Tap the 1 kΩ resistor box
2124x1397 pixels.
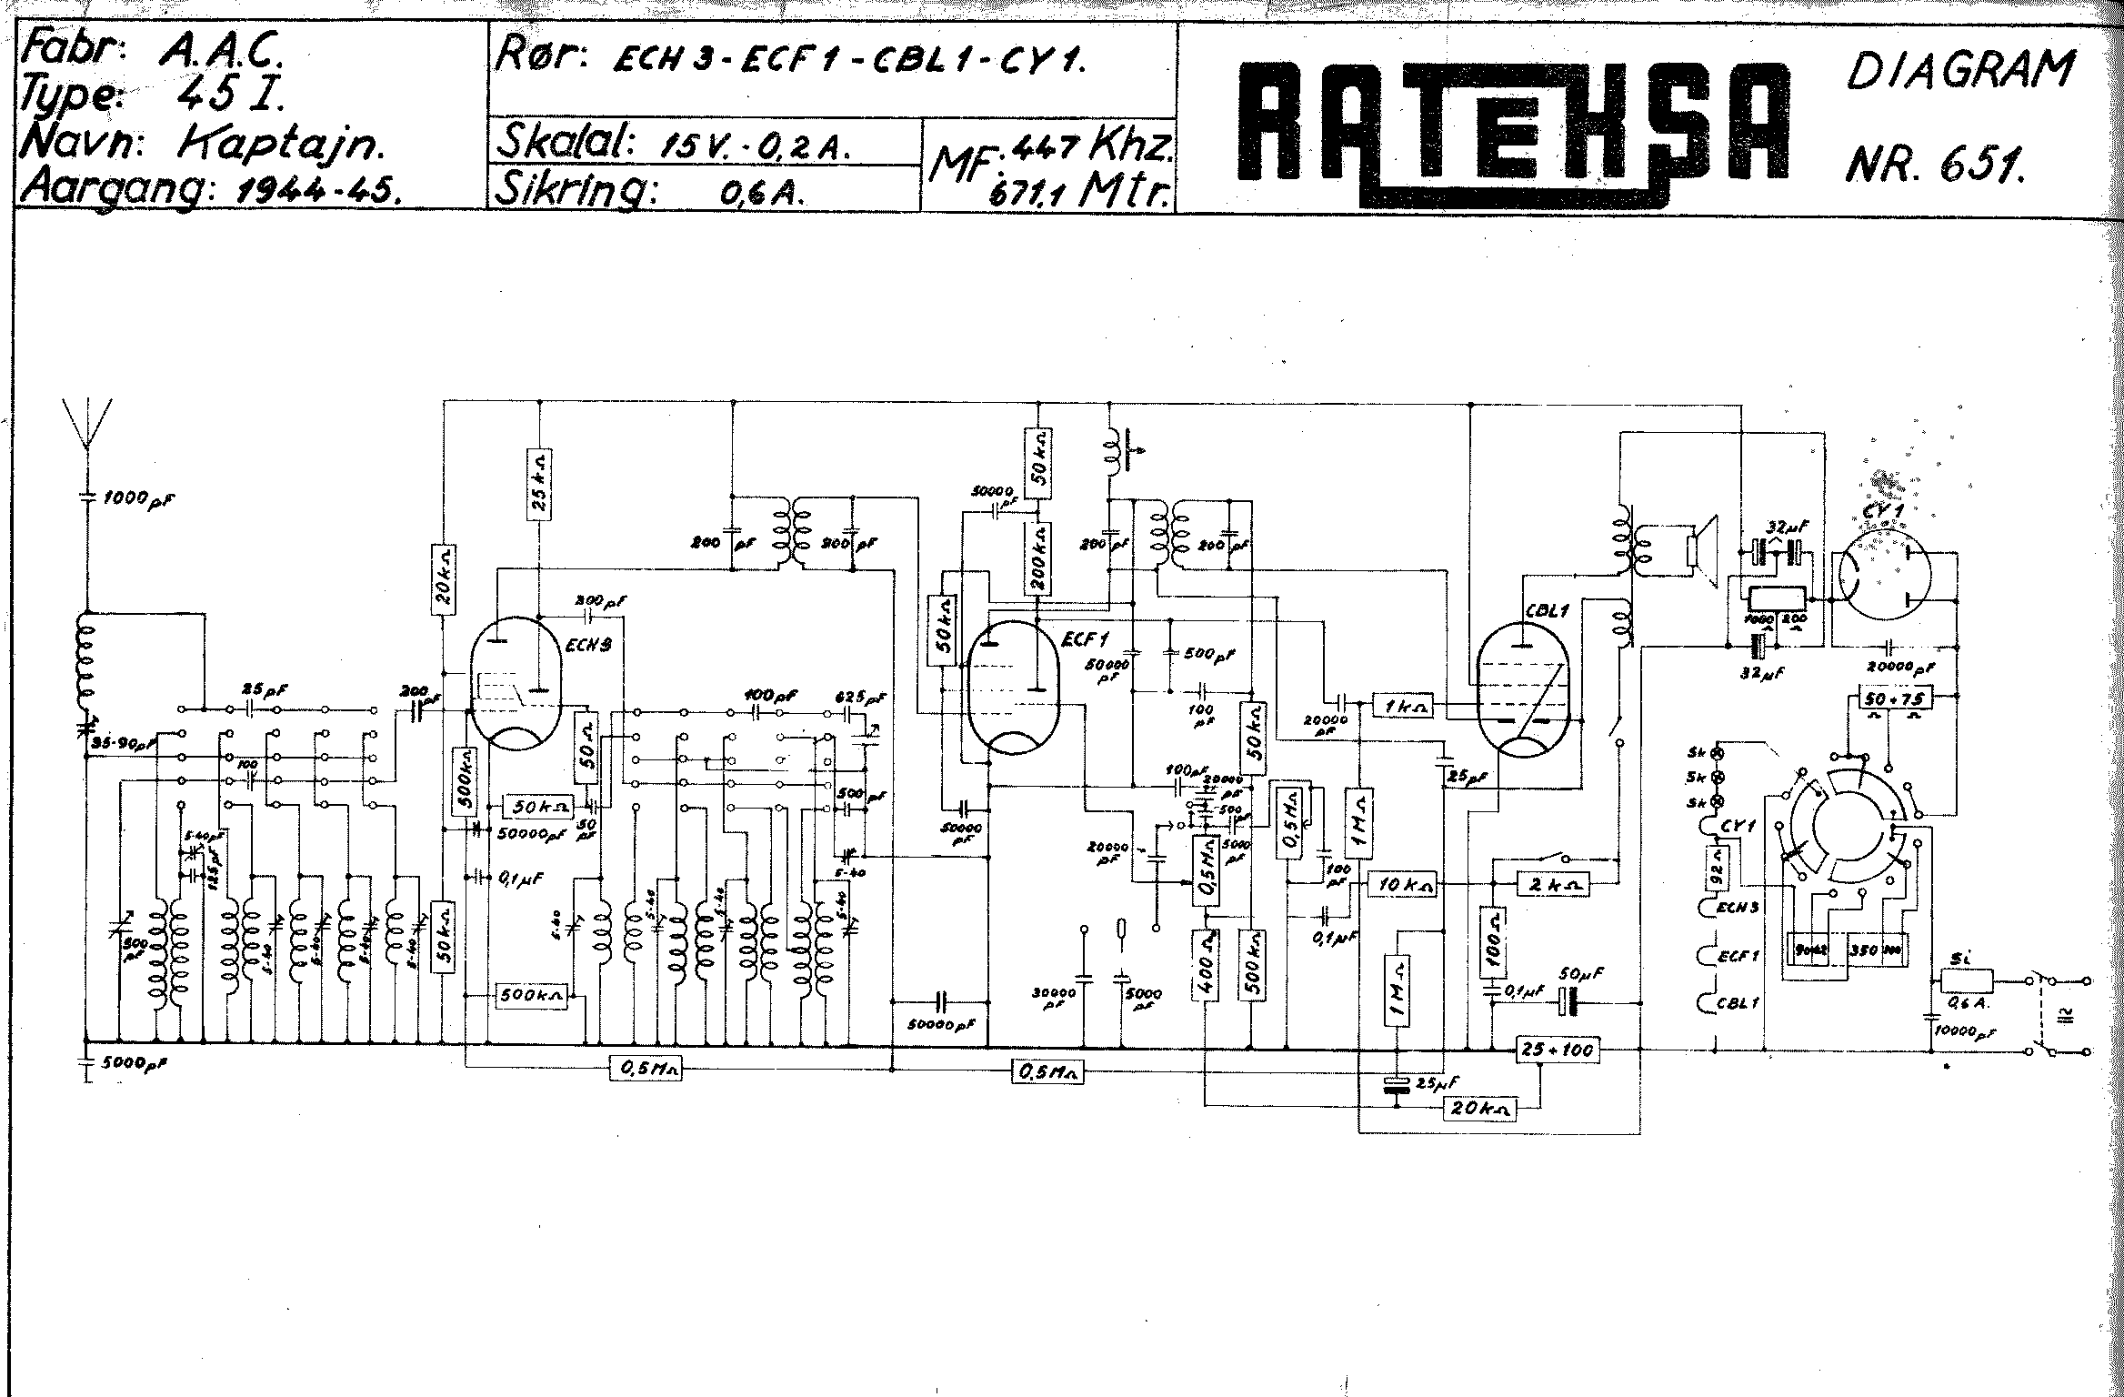tap(1403, 705)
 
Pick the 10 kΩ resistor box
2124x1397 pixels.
tap(1404, 883)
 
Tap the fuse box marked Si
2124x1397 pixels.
tap(1966, 981)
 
